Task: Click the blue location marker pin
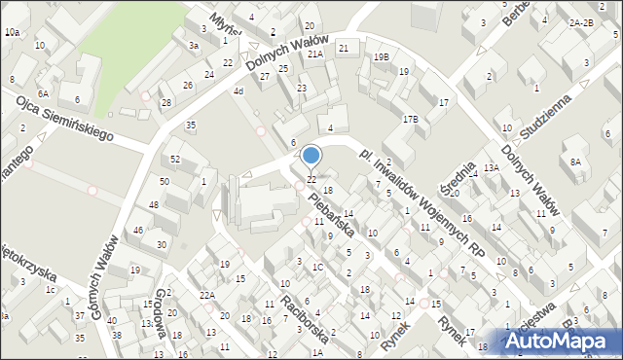[x=311, y=156]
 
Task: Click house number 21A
[x=314, y=54]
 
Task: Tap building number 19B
[x=381, y=57]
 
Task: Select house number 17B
[x=411, y=120]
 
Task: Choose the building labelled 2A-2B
[x=581, y=22]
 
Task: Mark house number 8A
[x=576, y=162]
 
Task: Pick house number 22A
[x=206, y=296]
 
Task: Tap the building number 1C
[x=317, y=267]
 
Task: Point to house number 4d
[x=238, y=91]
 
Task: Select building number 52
[x=175, y=159]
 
